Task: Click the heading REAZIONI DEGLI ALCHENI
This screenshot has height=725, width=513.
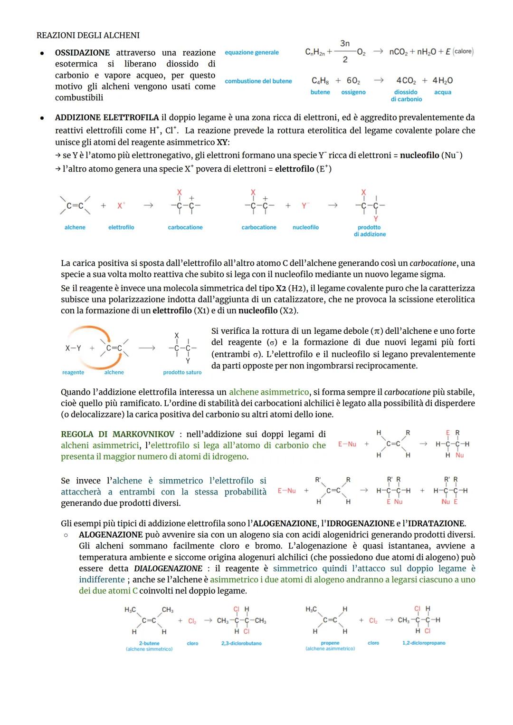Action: [88, 35]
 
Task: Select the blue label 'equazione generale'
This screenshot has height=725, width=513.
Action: [252, 52]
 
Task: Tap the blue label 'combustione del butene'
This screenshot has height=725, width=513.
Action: [258, 81]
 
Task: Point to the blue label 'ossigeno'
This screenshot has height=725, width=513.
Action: [353, 92]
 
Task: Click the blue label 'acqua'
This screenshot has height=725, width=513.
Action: [443, 92]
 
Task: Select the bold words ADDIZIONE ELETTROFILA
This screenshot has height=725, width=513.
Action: [107, 117]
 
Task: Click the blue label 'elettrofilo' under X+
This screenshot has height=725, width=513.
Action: [121, 227]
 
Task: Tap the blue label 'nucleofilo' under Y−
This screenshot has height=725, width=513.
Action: [305, 227]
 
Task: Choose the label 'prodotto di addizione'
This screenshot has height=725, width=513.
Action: [370, 231]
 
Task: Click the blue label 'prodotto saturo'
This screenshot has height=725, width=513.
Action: [182, 372]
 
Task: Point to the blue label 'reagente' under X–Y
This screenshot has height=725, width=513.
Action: [73, 372]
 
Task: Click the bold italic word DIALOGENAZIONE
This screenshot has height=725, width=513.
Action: [168, 569]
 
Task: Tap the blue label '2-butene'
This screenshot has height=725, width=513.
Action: [149, 643]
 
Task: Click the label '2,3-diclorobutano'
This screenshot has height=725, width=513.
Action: [241, 643]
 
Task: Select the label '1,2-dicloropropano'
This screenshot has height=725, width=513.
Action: [424, 643]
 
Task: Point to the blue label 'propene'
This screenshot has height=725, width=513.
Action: [330, 643]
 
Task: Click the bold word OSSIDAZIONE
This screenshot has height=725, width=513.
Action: [82, 53]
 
